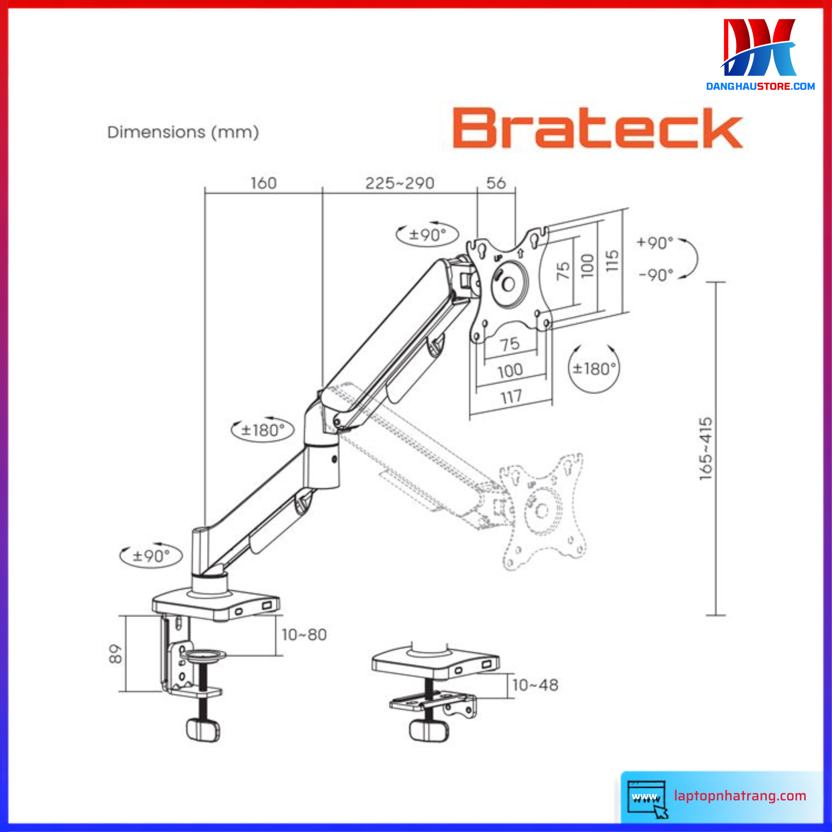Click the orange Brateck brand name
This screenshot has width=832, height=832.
598,128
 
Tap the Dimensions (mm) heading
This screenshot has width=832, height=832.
183,132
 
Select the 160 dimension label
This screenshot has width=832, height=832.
264,183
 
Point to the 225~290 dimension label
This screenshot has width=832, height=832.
400,183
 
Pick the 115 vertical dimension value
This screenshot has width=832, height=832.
612,261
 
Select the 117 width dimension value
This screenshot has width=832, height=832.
511,396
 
